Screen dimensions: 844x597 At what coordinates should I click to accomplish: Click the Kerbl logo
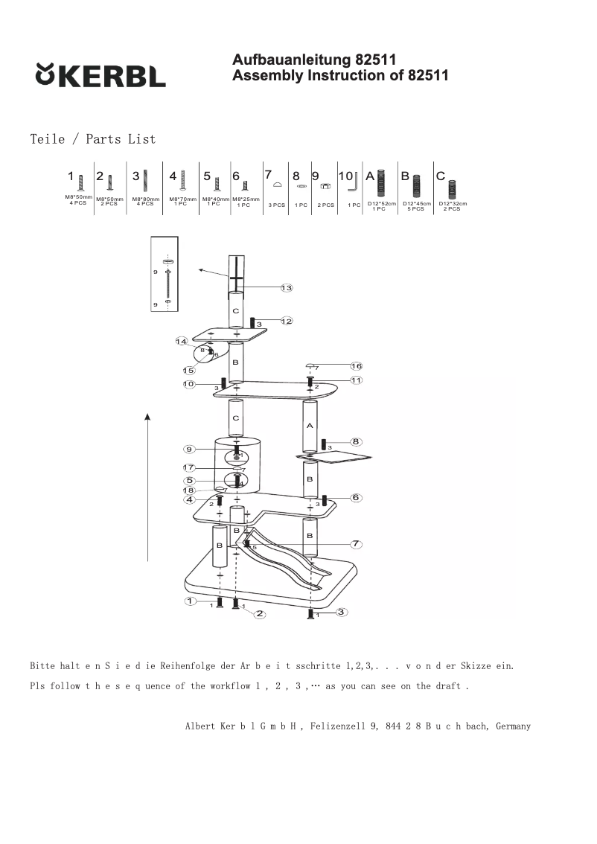100,75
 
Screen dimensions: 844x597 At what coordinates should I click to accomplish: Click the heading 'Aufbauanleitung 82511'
313,60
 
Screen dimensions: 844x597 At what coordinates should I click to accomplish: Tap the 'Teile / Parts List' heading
93,139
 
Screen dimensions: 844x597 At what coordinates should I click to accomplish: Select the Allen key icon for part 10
356,181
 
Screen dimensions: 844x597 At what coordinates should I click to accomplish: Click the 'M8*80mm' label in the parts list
146,199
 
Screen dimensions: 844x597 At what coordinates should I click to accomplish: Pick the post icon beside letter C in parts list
452,184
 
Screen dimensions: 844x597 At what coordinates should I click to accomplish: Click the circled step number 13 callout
287,288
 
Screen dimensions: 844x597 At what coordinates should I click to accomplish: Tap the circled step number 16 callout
357,366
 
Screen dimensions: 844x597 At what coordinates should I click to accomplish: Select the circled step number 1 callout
191,601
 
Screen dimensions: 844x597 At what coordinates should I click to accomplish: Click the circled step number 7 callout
357,544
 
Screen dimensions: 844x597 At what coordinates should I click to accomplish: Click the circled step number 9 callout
191,449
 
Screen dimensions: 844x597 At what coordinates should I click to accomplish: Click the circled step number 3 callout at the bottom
340,612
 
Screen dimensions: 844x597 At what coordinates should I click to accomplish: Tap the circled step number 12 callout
287,321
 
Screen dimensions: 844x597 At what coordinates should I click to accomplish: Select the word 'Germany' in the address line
513,726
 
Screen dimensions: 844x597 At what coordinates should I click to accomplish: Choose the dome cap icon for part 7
276,185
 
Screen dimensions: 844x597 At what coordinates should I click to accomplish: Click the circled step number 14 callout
181,342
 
